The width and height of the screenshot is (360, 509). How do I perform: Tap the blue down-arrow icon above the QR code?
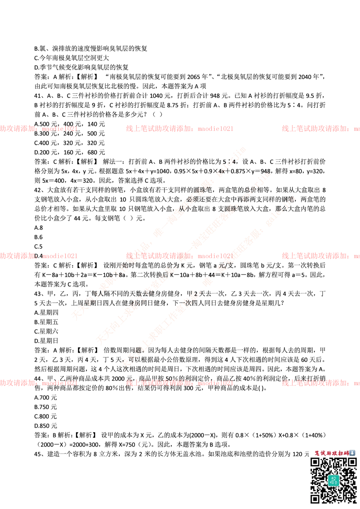[x=352, y=453]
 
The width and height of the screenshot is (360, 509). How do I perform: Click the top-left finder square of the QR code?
[x=315, y=462]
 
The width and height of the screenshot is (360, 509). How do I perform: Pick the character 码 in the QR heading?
[x=346, y=453]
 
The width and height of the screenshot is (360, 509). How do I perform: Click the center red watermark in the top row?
[x=179, y=128]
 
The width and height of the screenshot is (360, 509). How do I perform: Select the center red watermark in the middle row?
[x=179, y=256]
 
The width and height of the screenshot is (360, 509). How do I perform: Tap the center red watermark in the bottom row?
[x=179, y=383]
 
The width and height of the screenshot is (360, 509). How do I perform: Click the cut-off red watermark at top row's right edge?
[x=320, y=128]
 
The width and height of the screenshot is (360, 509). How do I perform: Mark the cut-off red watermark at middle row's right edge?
[x=320, y=256]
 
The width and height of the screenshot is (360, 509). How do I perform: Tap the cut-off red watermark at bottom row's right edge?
[x=320, y=383]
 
